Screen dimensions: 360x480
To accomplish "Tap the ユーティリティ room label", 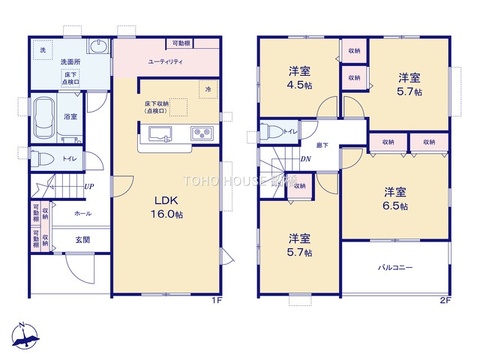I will pyautogui.click(x=163, y=61).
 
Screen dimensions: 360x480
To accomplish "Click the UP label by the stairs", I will pyautogui.click(x=89, y=187).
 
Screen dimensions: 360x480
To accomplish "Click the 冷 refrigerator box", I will pyautogui.click(x=208, y=90).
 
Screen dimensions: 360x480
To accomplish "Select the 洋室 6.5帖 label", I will pyautogui.click(x=395, y=198).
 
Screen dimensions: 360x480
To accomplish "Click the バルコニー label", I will pyautogui.click(x=396, y=268).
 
